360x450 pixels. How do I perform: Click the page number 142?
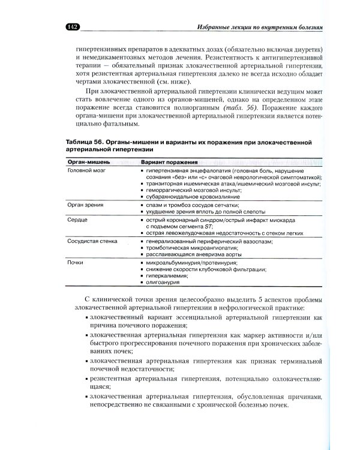coord(73,27)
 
